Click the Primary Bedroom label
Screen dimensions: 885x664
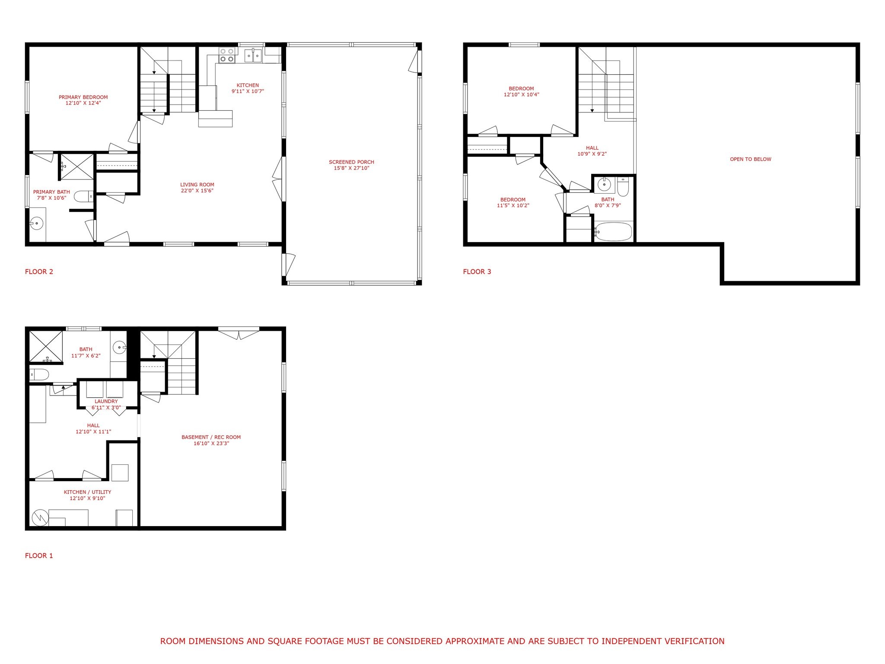coord(83,97)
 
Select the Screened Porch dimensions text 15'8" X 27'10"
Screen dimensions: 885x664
coord(351,168)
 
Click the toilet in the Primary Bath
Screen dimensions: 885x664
coord(84,197)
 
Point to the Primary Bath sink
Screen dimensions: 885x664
coord(37,224)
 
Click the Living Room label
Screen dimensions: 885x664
coord(197,185)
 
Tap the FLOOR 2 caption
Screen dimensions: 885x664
coord(39,271)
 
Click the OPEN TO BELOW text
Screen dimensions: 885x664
coord(751,159)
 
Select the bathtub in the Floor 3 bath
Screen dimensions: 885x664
coord(613,232)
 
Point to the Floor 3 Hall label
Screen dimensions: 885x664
coord(592,148)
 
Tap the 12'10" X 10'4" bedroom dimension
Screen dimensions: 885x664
coord(521,95)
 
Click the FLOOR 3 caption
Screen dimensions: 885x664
coord(477,271)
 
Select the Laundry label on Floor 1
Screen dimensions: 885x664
coord(106,401)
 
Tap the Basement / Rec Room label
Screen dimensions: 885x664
coord(211,437)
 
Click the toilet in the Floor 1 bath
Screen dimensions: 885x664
coord(39,374)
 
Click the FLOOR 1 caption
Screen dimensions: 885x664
coord(39,555)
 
